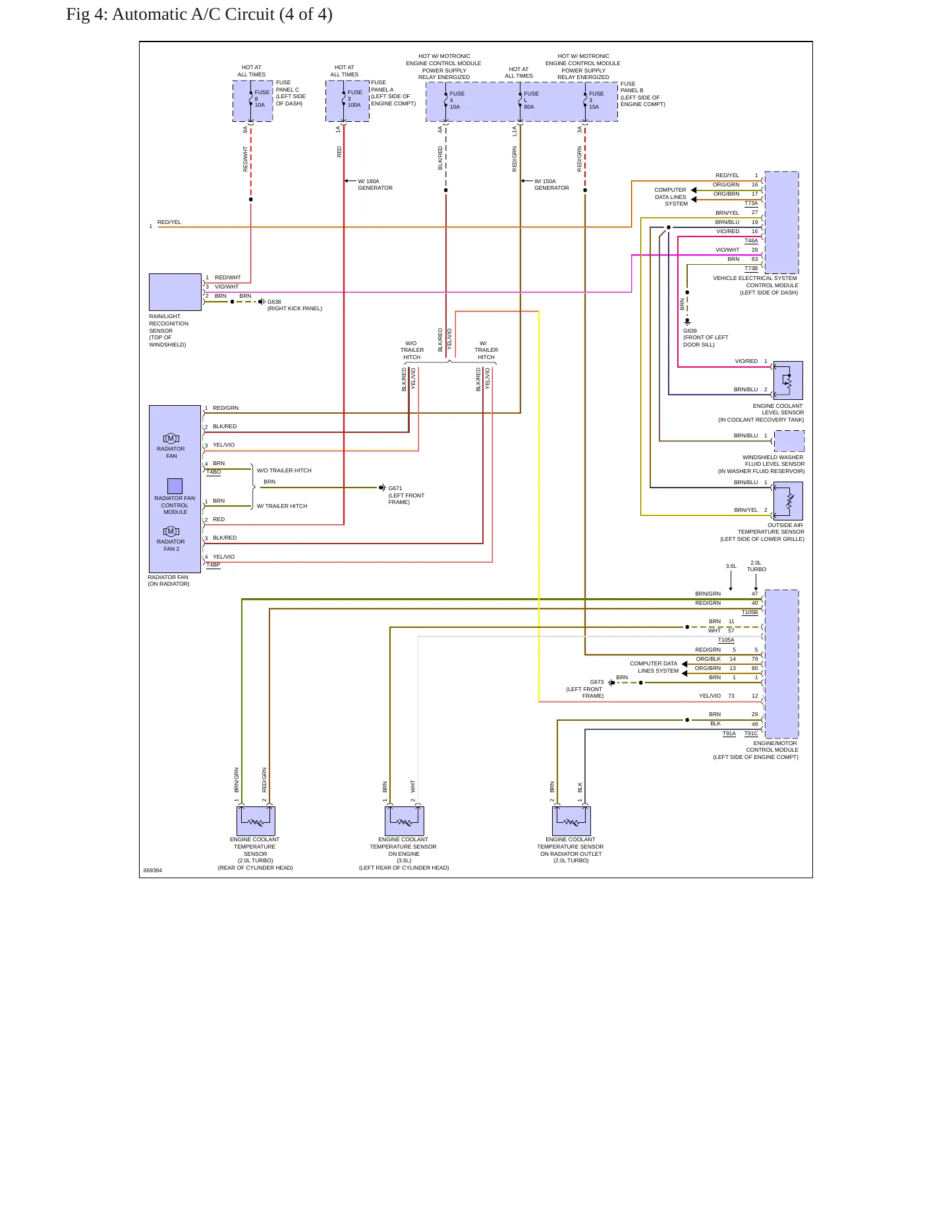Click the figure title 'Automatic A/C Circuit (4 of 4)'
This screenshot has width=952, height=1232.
click(x=222, y=14)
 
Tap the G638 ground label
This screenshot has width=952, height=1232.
click(x=274, y=302)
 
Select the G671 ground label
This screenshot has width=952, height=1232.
click(x=395, y=488)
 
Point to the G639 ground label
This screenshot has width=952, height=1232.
click(x=690, y=331)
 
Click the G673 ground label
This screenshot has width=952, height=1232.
click(x=597, y=682)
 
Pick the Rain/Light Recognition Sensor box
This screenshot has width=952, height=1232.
click(x=175, y=292)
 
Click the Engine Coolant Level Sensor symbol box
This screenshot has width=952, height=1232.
click(x=788, y=380)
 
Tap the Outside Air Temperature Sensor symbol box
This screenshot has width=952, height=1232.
click(x=788, y=501)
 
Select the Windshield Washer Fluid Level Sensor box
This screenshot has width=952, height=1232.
click(x=789, y=441)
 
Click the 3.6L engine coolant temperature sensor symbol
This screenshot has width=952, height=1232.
click(x=405, y=821)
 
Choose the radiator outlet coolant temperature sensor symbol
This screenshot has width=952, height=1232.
click(x=571, y=821)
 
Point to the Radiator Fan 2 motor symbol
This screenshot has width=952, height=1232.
click(x=171, y=531)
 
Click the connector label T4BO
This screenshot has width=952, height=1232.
click(x=213, y=472)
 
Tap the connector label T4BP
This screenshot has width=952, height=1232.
click(x=213, y=565)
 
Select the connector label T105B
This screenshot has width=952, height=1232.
click(x=750, y=612)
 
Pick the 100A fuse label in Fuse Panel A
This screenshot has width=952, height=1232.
click(x=354, y=105)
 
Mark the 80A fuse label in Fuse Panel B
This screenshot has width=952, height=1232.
click(x=529, y=107)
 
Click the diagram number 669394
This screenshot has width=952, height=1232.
click(x=153, y=870)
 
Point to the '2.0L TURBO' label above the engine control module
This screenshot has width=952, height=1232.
click(x=756, y=566)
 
